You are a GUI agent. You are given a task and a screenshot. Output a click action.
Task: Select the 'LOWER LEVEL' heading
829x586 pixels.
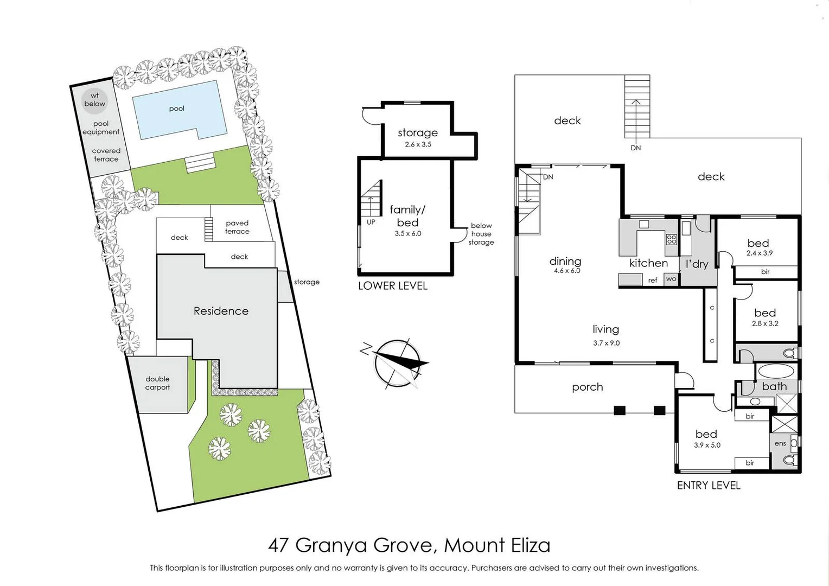click(x=392, y=286)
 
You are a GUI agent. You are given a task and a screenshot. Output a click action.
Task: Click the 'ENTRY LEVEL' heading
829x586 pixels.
click(x=708, y=486)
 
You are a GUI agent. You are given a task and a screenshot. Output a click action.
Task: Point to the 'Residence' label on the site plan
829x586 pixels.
click(x=221, y=311)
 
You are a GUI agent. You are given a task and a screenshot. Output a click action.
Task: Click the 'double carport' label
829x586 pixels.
click(x=157, y=383)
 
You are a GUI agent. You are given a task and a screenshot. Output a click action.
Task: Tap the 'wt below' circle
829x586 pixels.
click(x=94, y=100)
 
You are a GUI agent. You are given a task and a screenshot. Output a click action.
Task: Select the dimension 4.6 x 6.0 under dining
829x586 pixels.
click(x=567, y=271)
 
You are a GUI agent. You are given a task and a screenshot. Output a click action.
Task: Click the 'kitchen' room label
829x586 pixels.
click(x=648, y=263)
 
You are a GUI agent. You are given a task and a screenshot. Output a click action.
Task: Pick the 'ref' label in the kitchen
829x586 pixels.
click(x=653, y=281)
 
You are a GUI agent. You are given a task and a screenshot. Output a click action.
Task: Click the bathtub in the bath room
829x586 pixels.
click(x=775, y=372)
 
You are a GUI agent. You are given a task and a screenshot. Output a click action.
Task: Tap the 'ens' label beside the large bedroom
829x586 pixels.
click(x=780, y=443)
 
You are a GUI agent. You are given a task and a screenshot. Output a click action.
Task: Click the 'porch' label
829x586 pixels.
click(x=587, y=387)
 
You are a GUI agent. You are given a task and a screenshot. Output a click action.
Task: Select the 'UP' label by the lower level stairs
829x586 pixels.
click(x=371, y=222)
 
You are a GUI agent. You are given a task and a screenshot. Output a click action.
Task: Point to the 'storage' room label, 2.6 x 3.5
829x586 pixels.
click(x=418, y=133)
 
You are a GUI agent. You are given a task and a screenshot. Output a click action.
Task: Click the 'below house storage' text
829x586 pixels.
click(x=481, y=234)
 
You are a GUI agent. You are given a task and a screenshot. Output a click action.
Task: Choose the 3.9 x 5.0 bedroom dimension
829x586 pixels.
click(x=707, y=445)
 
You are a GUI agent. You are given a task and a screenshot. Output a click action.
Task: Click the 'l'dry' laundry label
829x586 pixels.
click(x=697, y=264)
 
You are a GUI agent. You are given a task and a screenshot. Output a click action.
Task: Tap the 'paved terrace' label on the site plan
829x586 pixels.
click(x=237, y=227)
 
